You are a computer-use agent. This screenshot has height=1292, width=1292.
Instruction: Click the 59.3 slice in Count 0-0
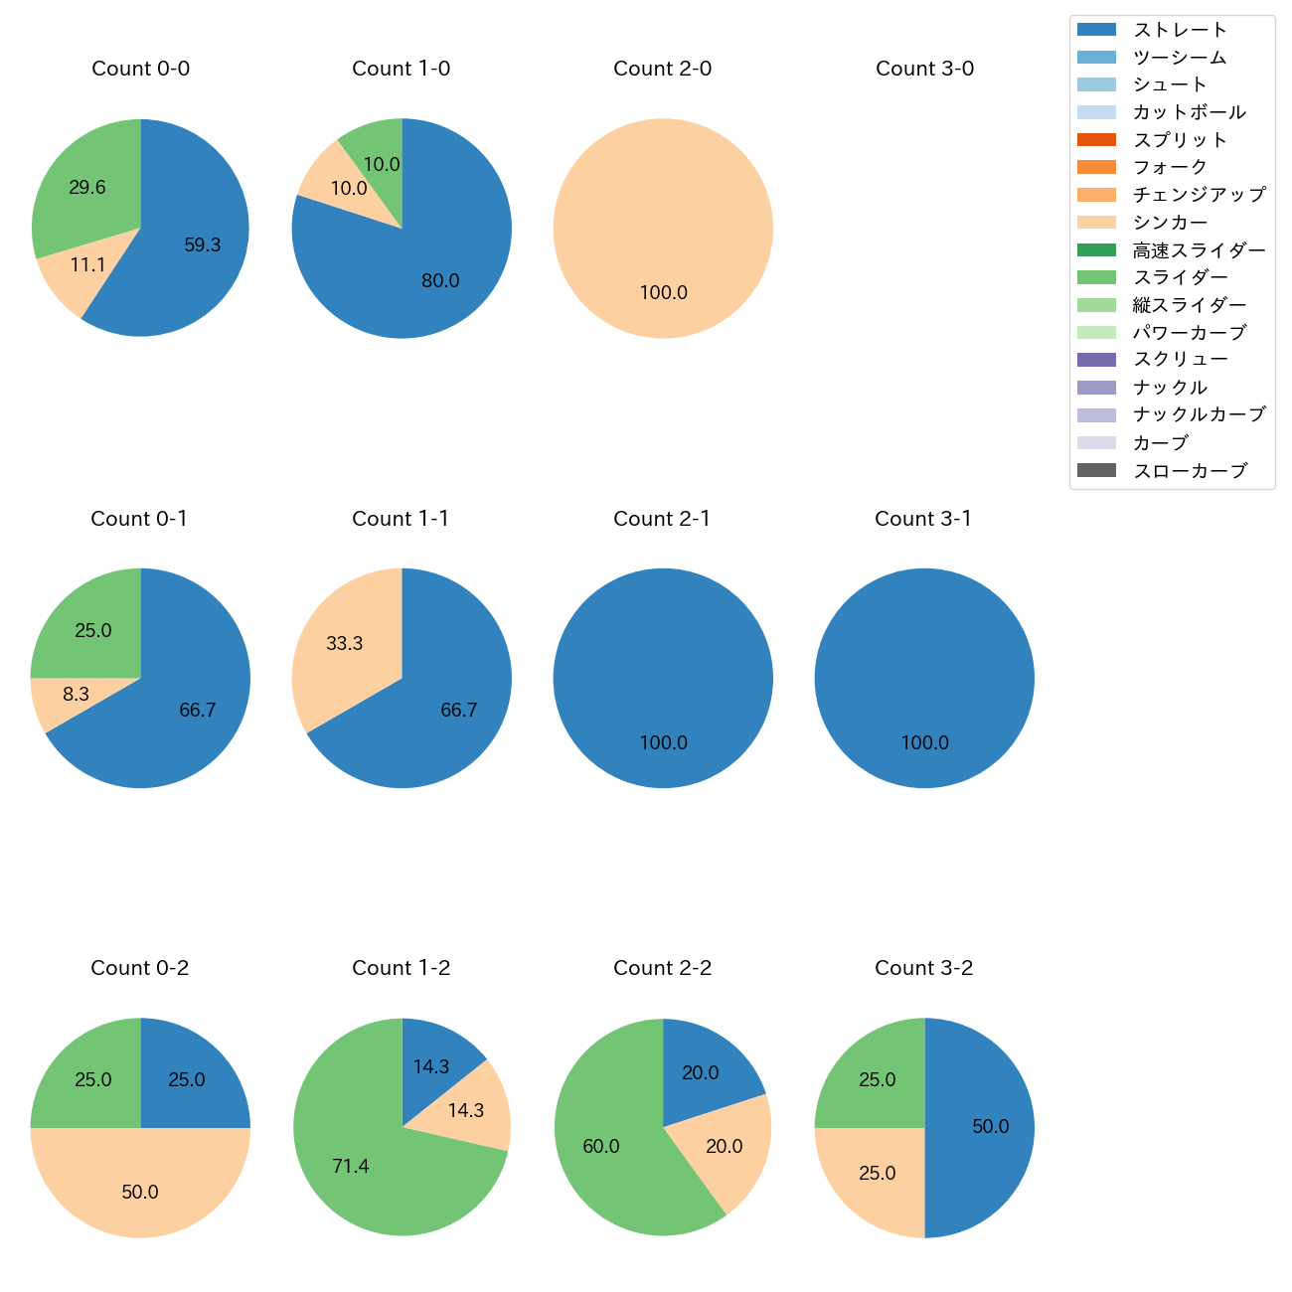(x=199, y=248)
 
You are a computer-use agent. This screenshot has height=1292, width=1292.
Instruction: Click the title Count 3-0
(x=924, y=69)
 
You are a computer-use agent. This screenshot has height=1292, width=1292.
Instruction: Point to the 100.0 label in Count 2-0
(x=663, y=293)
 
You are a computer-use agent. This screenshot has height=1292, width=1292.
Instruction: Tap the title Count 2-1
(x=662, y=519)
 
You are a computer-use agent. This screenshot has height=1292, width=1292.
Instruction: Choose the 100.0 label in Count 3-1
(x=924, y=743)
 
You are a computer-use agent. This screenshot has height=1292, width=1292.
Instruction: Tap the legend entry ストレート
(x=1180, y=30)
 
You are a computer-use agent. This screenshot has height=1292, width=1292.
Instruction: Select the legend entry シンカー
(x=1170, y=223)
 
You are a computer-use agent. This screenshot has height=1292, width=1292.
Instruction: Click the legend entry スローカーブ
(x=1190, y=471)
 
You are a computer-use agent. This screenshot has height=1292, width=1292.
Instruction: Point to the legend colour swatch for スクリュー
(x=1096, y=360)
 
